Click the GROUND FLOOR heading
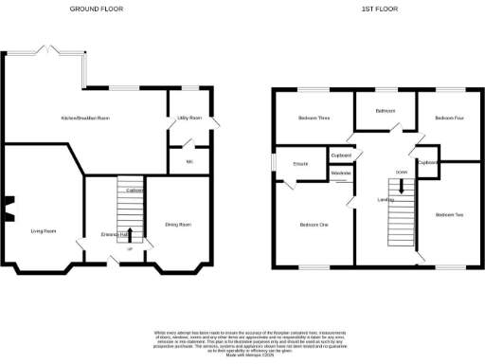[x=96, y=9]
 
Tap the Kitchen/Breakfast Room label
[x=86, y=118]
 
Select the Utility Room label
[x=189, y=118]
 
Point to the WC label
[x=189, y=162]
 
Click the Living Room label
[x=44, y=230]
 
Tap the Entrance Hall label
[x=115, y=234]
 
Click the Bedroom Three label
[x=314, y=118]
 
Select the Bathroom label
[x=385, y=111]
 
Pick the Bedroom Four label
[x=450, y=118]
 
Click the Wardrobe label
[x=342, y=173]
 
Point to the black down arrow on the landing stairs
[x=402, y=186]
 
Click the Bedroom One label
[x=314, y=225]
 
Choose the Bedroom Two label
[x=449, y=215]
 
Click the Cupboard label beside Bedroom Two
[x=428, y=162]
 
